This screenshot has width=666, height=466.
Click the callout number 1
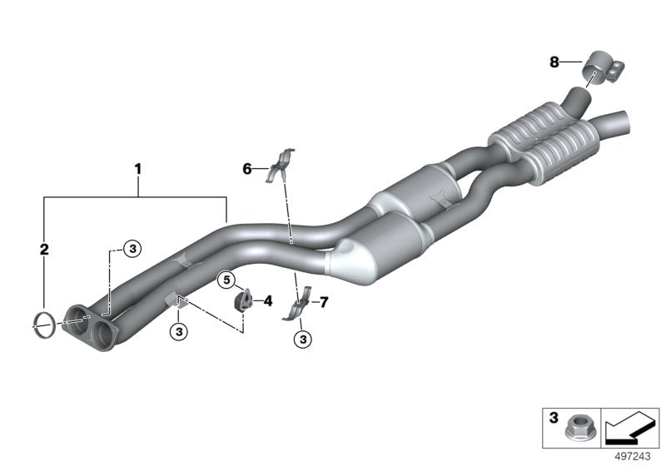pos(138,169)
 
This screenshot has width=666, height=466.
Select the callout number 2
pos(46,248)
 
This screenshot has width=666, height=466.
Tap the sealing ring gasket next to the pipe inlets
pos(47,324)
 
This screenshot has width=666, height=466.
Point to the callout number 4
pos(268,300)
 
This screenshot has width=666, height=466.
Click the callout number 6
pos(247,169)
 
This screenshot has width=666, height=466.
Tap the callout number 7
pos(324,301)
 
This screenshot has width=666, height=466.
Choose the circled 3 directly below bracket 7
pos(301,339)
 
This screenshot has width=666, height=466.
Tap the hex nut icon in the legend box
pos(576,429)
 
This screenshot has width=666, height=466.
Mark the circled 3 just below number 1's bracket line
pos(132,247)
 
